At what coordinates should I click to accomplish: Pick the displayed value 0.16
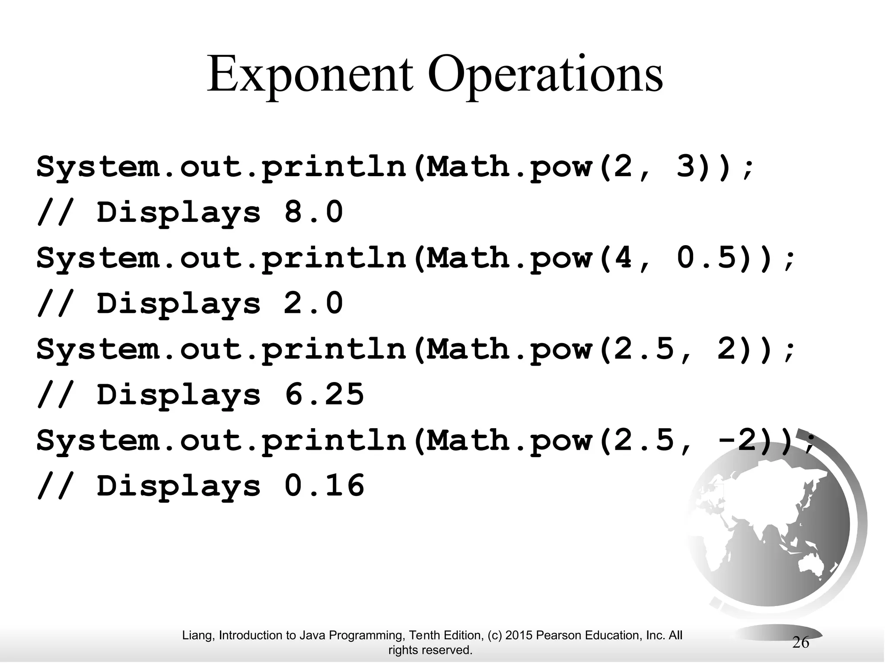[324, 485]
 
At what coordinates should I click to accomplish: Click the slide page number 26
[800, 643]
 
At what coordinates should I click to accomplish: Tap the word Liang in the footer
[199, 635]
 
